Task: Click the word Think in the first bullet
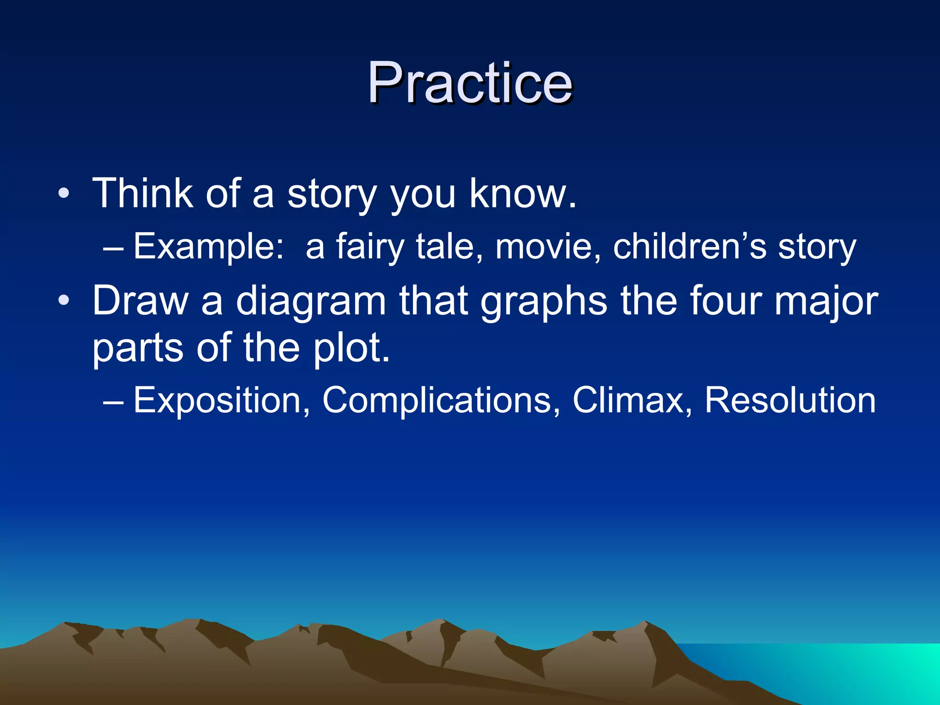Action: (142, 194)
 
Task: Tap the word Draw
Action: (140, 301)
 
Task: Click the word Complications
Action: (441, 401)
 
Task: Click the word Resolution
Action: (790, 400)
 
